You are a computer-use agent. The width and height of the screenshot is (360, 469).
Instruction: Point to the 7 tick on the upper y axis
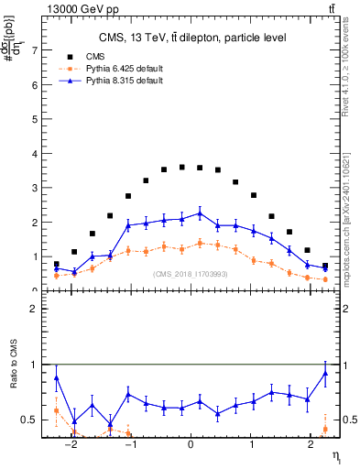tap(37, 50)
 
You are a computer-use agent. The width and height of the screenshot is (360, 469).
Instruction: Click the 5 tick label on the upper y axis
tap(37, 119)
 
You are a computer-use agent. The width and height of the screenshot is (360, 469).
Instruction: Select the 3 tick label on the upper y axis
tap(37, 188)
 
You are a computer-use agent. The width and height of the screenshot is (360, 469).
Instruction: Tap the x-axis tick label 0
tap(191, 452)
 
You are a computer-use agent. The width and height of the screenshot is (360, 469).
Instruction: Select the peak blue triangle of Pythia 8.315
tap(200, 213)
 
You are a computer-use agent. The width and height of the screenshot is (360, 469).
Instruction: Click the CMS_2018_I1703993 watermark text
tap(190, 274)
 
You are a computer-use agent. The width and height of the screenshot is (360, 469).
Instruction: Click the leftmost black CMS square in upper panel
tap(57, 264)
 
